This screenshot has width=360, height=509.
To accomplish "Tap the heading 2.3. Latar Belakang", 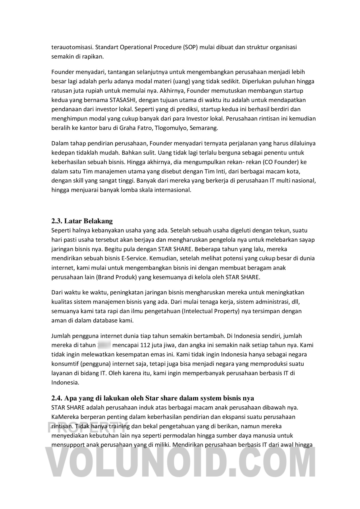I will [82, 221].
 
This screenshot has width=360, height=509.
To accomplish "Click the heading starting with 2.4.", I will [153, 398].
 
